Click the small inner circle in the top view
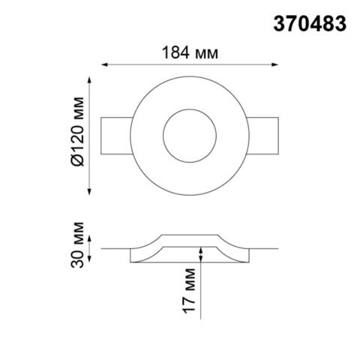pos(188,133)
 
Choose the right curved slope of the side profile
pos(230,244)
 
